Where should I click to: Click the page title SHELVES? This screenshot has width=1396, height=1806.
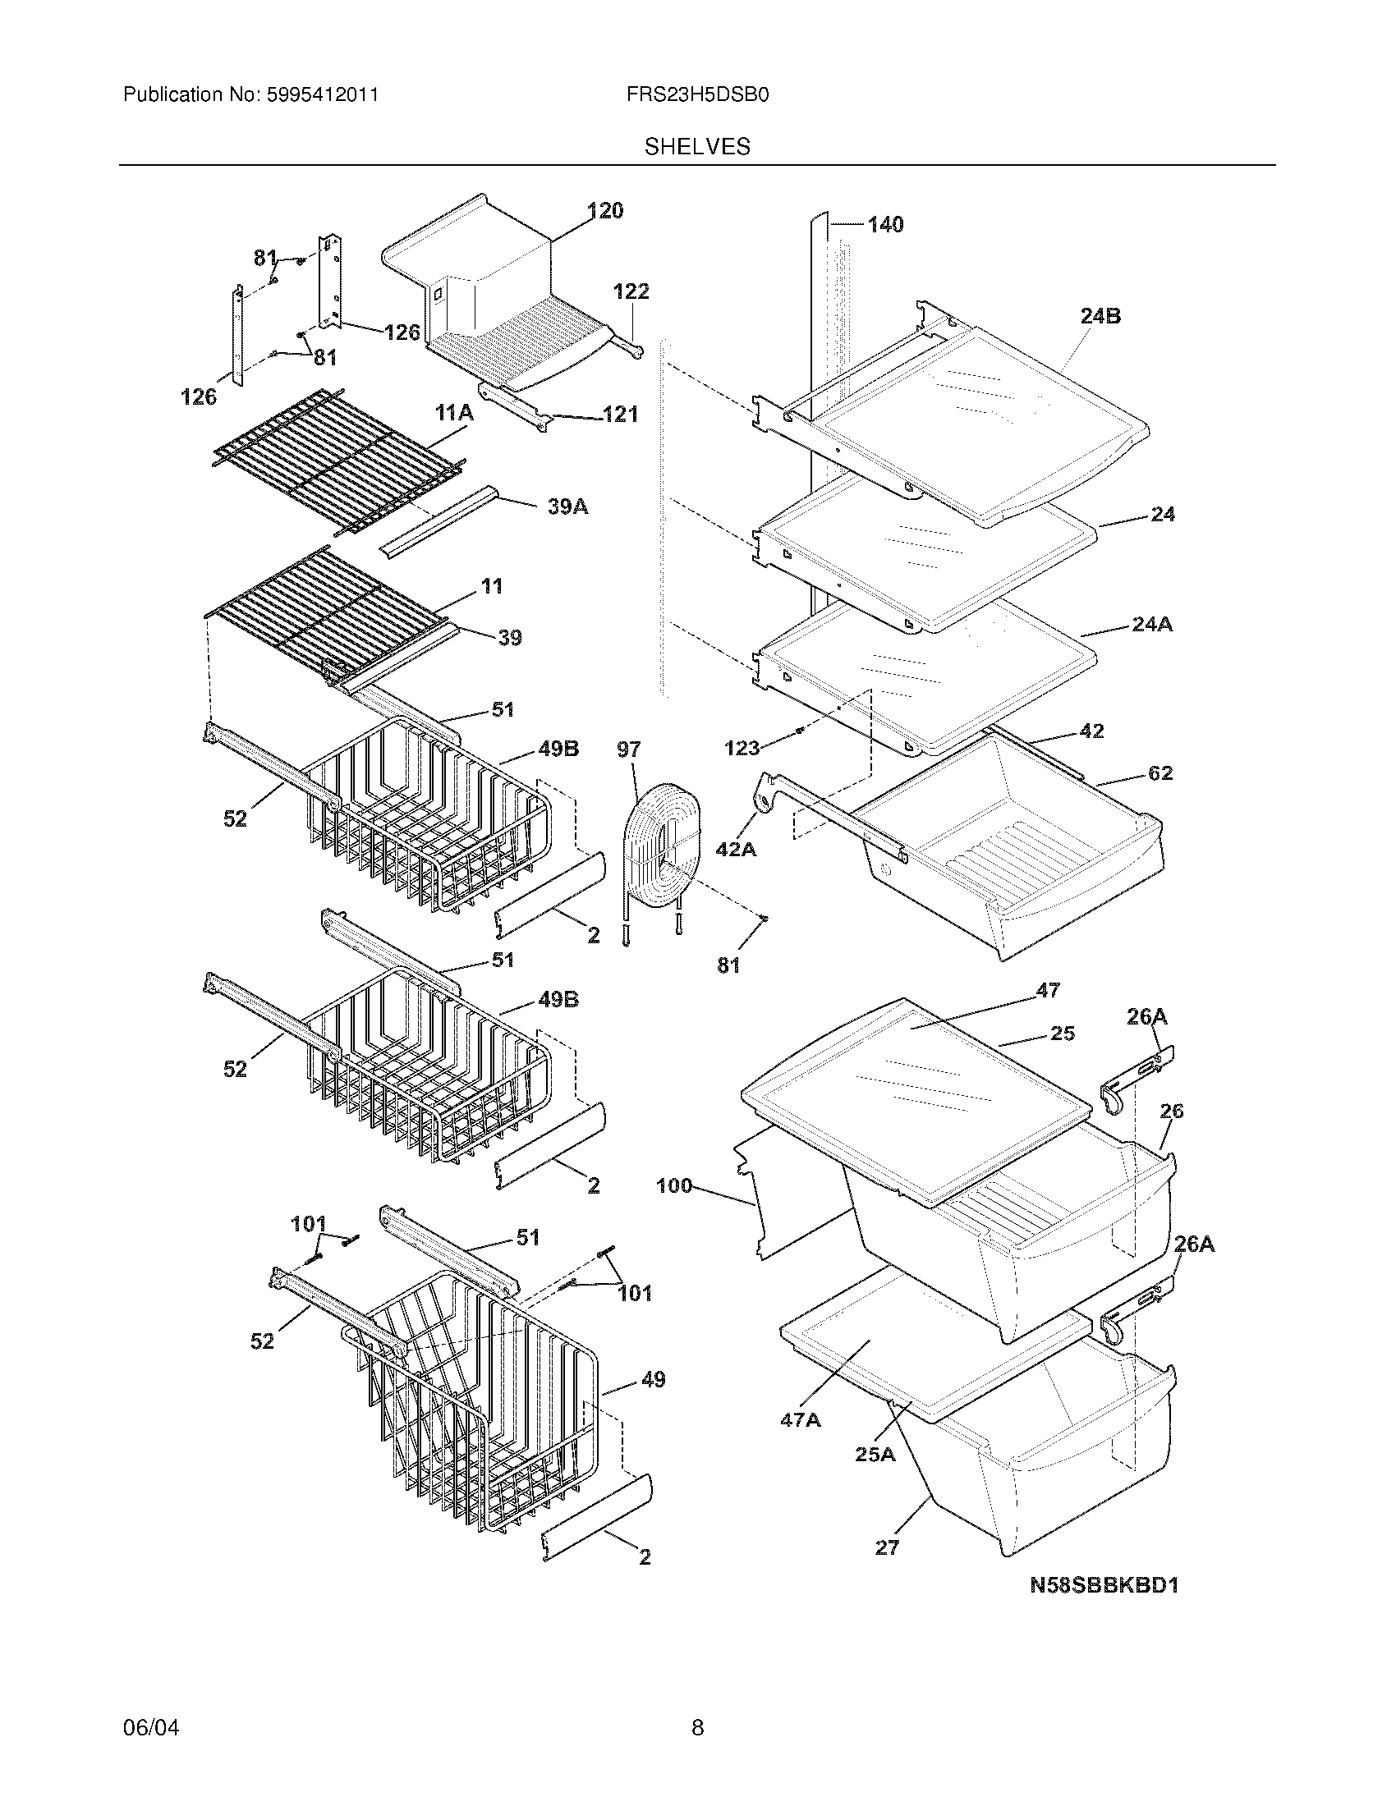697,146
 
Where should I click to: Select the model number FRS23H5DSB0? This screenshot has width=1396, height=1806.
697,95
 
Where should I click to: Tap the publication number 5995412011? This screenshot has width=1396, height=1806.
322,95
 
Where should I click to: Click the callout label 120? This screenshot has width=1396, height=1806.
606,211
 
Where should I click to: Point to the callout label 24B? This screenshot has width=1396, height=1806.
1100,316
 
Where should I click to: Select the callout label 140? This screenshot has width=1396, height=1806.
885,224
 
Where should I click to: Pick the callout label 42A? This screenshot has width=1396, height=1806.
736,849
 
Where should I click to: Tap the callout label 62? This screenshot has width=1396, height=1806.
1160,772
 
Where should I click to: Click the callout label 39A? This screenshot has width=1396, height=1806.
568,507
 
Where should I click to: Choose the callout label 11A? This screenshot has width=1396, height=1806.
455,413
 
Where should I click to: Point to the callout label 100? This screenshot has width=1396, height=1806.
674,1186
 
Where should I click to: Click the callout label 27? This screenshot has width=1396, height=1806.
887,1547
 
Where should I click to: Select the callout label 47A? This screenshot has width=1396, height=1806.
801,1420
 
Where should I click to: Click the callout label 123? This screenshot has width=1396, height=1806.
742,748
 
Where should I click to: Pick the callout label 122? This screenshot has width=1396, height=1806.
631,291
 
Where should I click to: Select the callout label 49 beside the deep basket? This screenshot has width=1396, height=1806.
653,1378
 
